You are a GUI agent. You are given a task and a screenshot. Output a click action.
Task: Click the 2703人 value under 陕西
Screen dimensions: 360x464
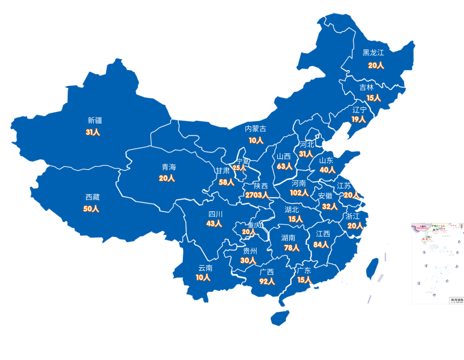pos(257,195)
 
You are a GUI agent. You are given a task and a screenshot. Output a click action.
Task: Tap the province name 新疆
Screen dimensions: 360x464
pos(95,121)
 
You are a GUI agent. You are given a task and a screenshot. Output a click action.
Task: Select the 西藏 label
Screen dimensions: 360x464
pos(92,197)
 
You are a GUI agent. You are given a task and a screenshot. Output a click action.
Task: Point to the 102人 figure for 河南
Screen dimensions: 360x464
pos(299,193)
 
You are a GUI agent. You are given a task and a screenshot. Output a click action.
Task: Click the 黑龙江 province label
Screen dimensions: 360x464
pos(373,53)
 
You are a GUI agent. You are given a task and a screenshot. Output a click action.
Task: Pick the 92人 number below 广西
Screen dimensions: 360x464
pos(267,281)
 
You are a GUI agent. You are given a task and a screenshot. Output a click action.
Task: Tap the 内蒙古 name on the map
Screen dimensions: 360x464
pos(256,129)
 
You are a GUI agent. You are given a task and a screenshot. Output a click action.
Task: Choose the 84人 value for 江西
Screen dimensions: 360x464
pos(321,245)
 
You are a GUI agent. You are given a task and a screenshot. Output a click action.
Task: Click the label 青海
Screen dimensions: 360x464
pos(169,167)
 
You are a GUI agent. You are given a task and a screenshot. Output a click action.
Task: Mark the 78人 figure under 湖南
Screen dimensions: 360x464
pos(291,248)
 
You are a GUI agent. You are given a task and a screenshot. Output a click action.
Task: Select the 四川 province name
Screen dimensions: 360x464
pos(215,214)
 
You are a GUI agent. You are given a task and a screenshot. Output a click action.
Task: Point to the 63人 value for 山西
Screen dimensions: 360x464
pos(284,166)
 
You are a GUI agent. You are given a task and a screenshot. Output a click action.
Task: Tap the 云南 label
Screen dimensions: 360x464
pos(205,268)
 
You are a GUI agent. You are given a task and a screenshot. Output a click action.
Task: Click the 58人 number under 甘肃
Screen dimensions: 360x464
pos(226,182)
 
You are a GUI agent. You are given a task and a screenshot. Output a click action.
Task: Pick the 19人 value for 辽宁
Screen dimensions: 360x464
pos(358,119)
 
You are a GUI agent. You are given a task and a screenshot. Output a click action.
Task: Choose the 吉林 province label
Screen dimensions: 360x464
pos(367,88)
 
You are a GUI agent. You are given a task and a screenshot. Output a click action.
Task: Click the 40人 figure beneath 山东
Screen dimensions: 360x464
pos(327,170)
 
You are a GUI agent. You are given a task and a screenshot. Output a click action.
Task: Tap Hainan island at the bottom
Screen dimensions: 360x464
pos(280,317)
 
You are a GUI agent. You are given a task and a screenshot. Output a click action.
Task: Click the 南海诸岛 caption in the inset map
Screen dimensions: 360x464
pos(456,300)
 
